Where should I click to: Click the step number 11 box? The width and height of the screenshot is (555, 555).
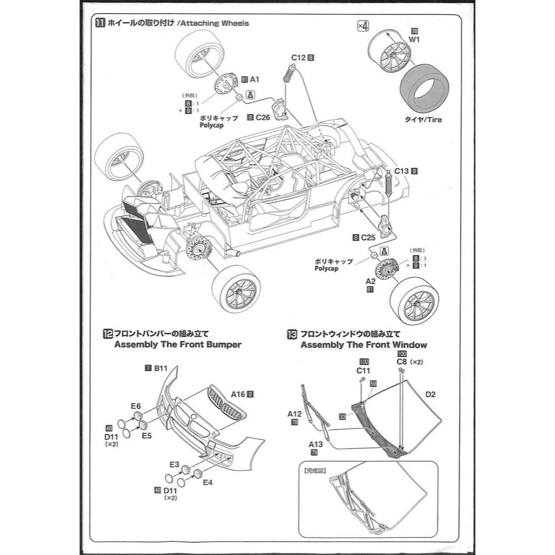pyautogui.click(x=100, y=23)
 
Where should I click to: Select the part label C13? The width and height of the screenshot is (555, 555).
pyautogui.click(x=402, y=171)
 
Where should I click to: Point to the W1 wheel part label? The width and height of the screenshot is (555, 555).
pyautogui.click(x=415, y=40)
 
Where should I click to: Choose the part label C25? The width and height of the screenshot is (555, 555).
pyautogui.click(x=368, y=238)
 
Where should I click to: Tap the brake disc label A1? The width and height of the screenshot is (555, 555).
pyautogui.click(x=255, y=80)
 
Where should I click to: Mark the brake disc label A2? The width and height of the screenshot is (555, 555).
pyautogui.click(x=370, y=281)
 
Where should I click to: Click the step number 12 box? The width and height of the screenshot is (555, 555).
pyautogui.click(x=108, y=334)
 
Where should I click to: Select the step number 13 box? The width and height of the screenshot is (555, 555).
pyautogui.click(x=292, y=334)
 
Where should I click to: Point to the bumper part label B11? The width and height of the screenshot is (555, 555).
pyautogui.click(x=160, y=368)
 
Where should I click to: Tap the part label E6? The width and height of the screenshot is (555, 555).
pyautogui.click(x=136, y=406)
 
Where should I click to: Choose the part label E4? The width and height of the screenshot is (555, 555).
pyautogui.click(x=208, y=482)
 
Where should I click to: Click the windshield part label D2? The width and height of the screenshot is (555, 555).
pyautogui.click(x=431, y=395)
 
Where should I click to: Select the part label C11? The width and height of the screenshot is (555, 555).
pyautogui.click(x=364, y=370)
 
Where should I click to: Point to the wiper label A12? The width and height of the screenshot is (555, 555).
pyautogui.click(x=294, y=413)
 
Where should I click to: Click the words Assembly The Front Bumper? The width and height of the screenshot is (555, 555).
pyautogui.click(x=178, y=345)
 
